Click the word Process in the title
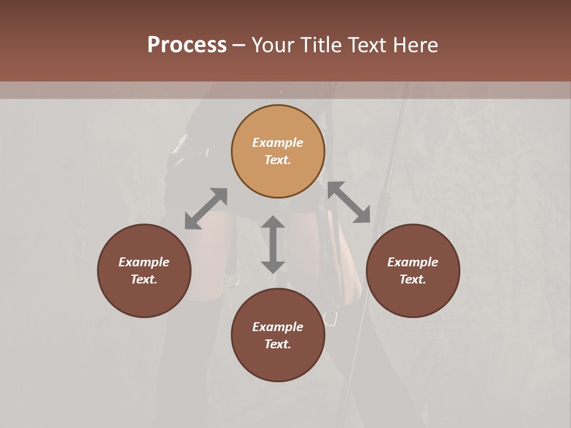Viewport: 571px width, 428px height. pos(187,45)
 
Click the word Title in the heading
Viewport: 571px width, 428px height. pos(321,45)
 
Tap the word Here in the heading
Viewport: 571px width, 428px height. pos(415,45)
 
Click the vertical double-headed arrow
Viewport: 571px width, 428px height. pos(273,244)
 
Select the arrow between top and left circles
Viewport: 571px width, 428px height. pos(206,208)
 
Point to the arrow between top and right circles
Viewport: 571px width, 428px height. pos(349,202)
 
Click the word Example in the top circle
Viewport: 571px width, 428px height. pos(278,143)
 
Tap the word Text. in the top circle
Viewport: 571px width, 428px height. pos(278,160)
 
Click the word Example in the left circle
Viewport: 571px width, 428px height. pos(144,262)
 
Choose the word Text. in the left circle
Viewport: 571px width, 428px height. pos(144,279)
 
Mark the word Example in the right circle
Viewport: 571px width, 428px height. pos(413,262)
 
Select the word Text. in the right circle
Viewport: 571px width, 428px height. pos(413,279)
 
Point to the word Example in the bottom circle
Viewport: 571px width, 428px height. pos(278,327)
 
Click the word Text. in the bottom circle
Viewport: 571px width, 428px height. pos(278,344)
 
